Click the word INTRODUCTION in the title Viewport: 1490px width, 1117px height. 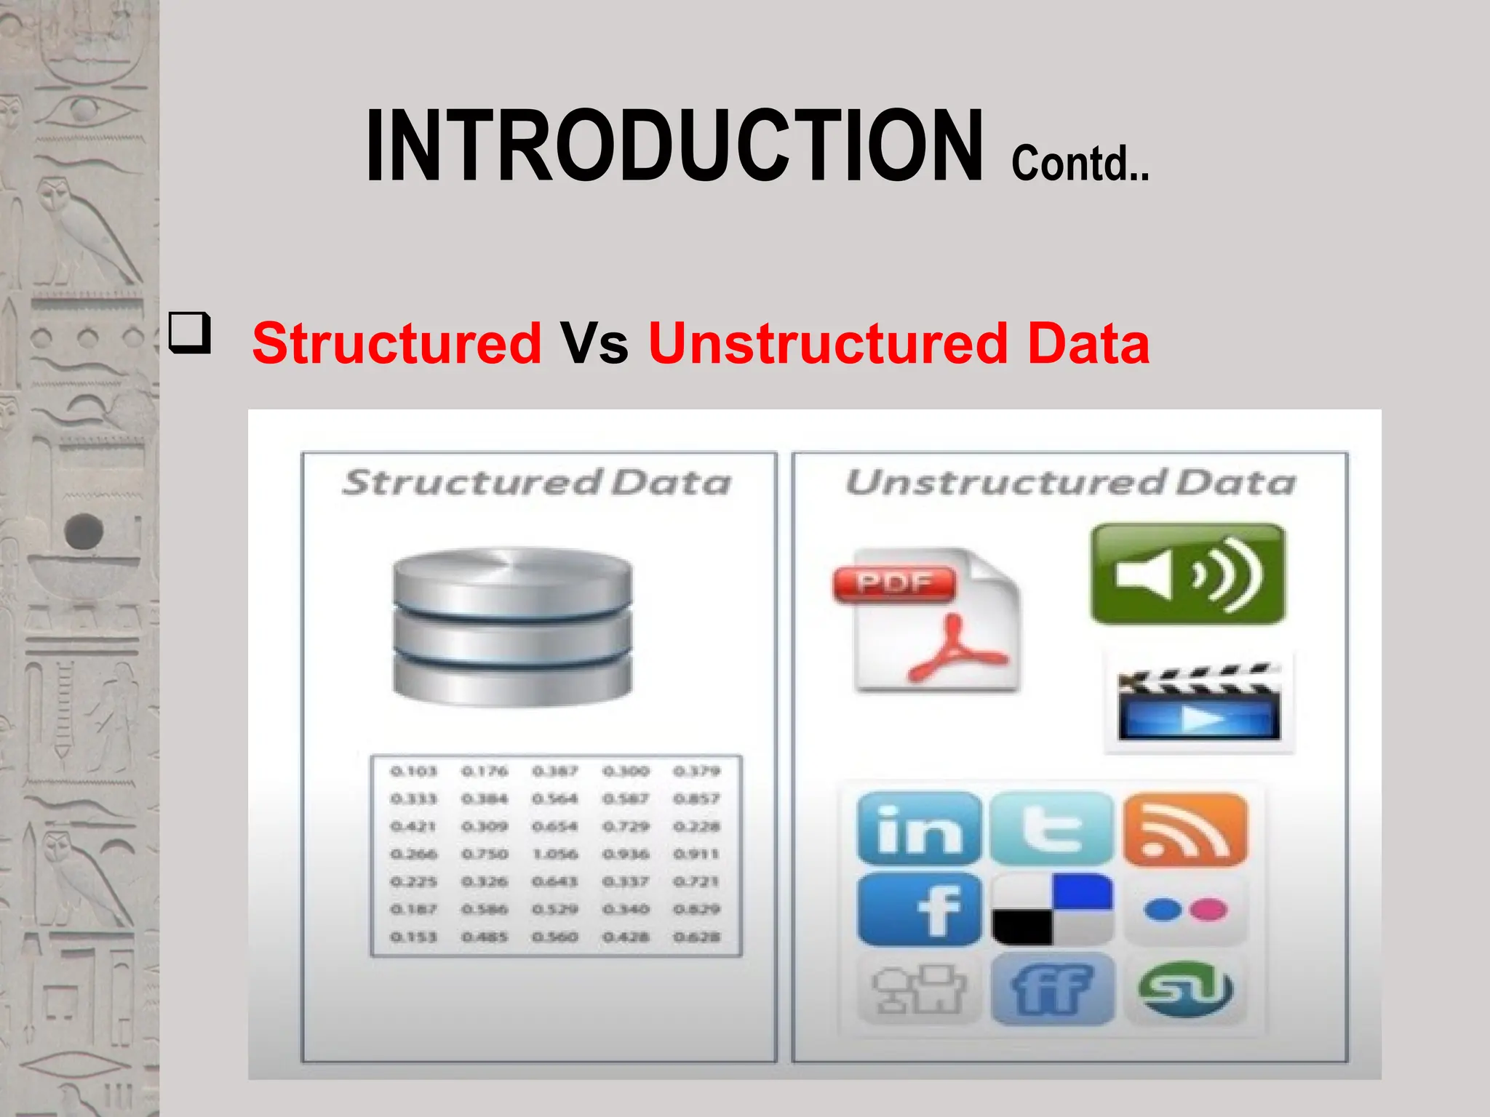point(674,145)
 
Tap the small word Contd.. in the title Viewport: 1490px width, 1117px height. point(1080,164)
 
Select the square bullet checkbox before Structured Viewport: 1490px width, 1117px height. point(190,333)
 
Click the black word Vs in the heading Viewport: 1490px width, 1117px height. point(594,343)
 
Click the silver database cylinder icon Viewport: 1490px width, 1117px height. point(512,627)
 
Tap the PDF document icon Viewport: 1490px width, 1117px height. point(928,620)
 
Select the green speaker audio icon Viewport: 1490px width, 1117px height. point(1187,574)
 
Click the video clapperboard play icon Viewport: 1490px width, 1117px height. point(1198,702)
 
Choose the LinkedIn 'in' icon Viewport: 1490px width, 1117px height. point(919,829)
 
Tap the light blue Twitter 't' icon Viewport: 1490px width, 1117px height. point(1051,829)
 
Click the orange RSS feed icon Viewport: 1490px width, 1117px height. point(1185,829)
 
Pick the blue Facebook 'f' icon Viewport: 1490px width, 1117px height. point(919,910)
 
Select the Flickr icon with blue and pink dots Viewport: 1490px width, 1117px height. point(1185,910)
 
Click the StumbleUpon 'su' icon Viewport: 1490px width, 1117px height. point(1185,990)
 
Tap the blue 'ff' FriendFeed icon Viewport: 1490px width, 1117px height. point(1051,990)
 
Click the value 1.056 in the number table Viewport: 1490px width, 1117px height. point(555,854)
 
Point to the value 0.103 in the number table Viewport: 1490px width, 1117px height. point(413,771)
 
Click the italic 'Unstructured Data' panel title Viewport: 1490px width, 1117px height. point(1070,483)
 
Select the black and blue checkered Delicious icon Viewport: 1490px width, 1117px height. point(1051,910)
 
